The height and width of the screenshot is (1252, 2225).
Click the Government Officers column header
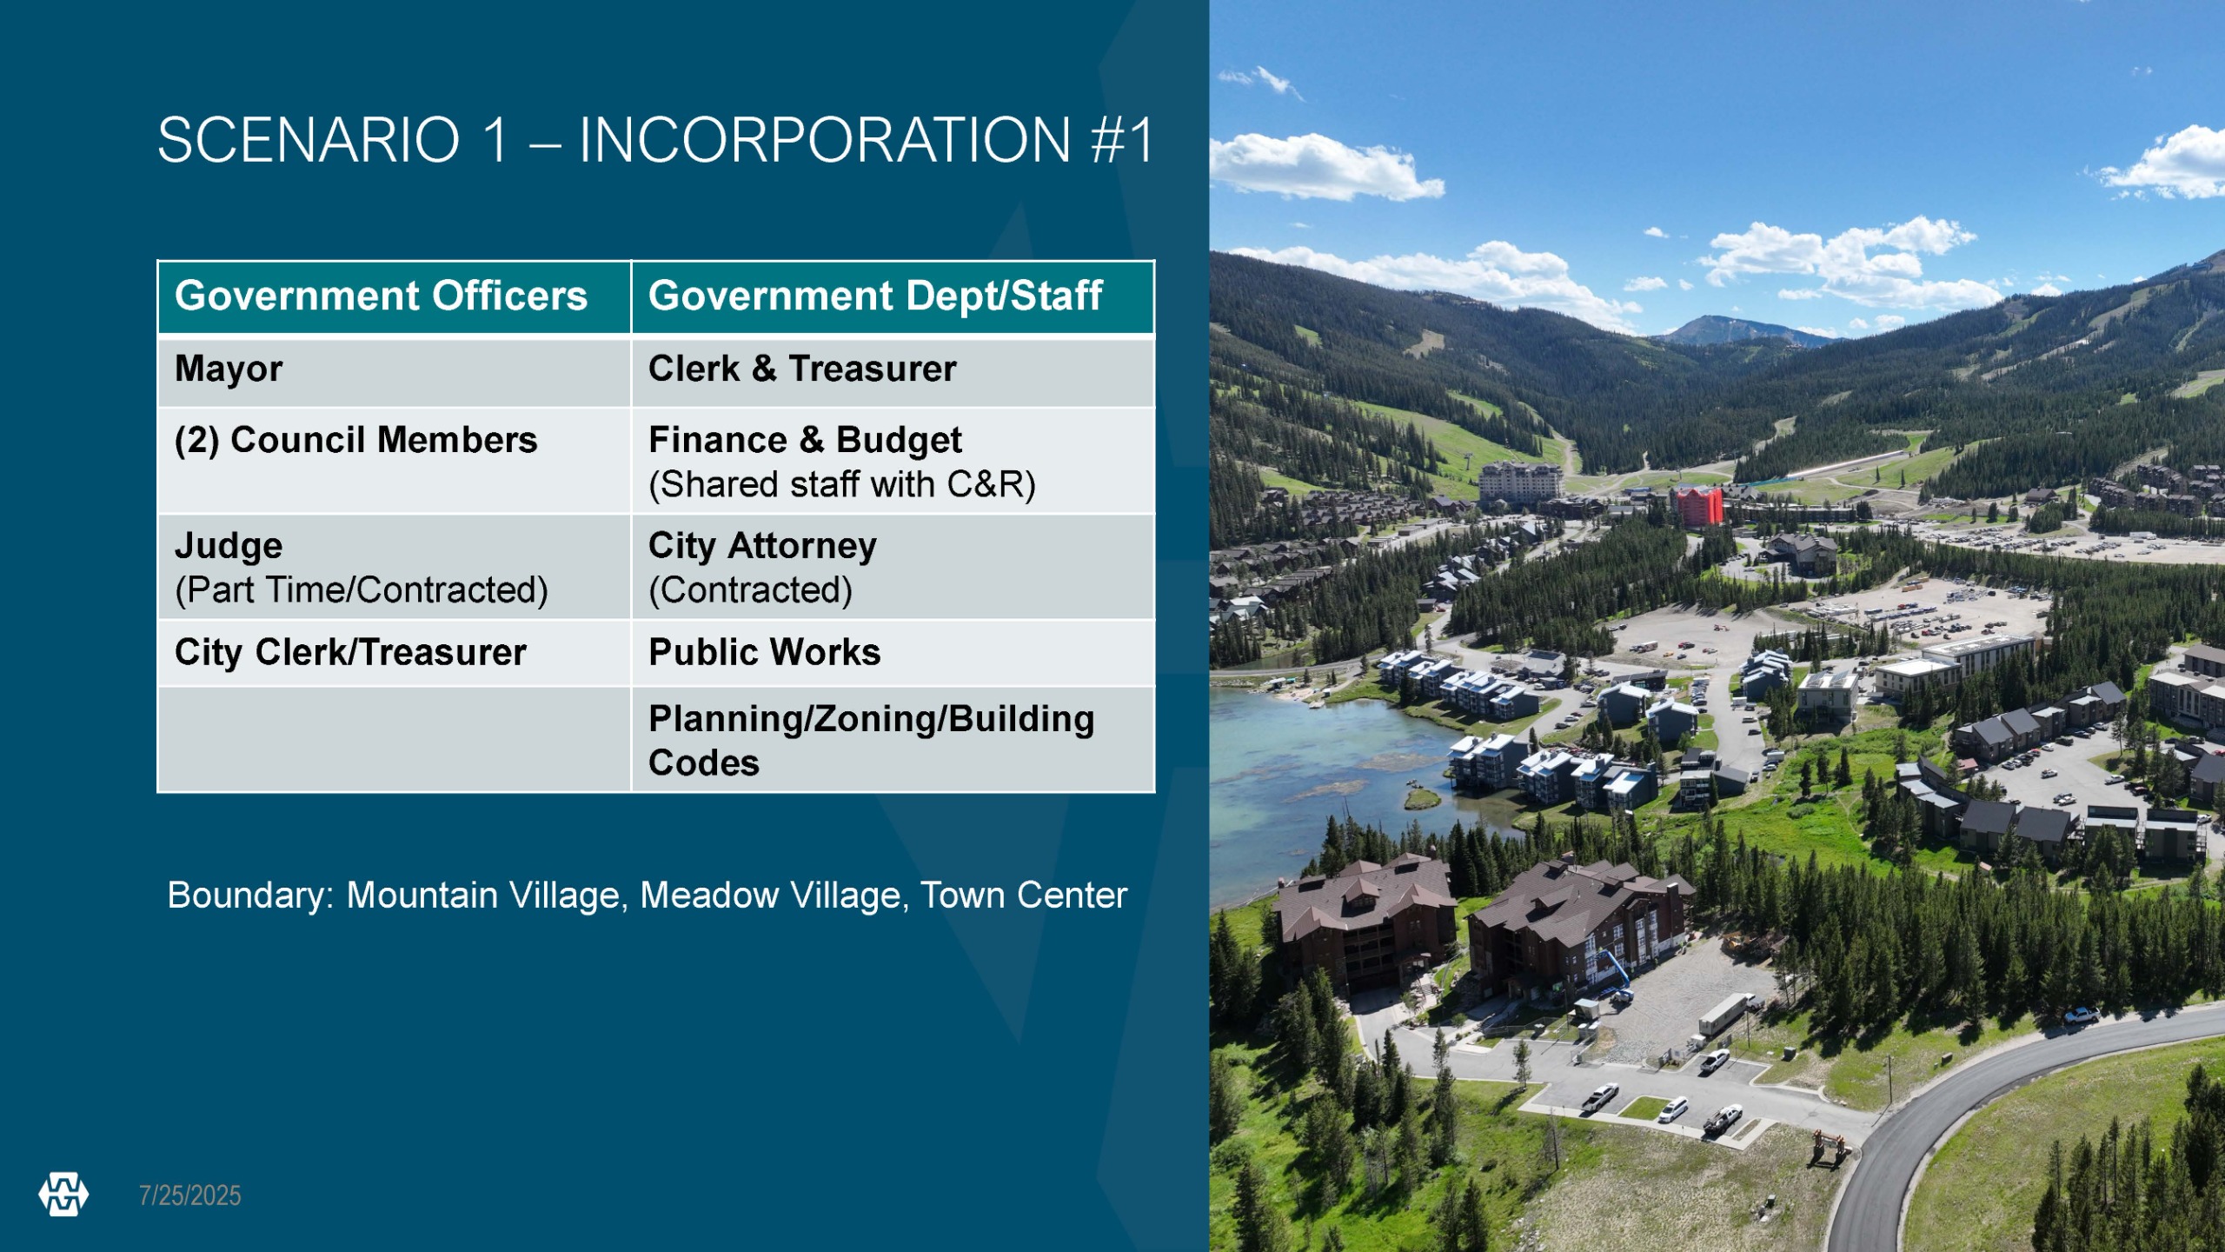pos(394,297)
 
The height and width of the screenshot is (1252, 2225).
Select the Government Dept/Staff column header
pos(893,297)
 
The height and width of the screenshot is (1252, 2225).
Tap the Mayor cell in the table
pos(394,371)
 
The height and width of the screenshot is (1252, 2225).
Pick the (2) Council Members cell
pos(394,461)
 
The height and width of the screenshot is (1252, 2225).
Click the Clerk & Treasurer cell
pos(893,371)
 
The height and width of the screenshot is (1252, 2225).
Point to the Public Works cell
pos(893,653)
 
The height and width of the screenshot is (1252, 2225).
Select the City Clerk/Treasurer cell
pos(394,653)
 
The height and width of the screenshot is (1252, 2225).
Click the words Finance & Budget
pos(805,441)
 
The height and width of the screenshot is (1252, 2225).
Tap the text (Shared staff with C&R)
pos(842,485)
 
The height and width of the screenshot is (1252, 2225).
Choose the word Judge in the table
pos(229,547)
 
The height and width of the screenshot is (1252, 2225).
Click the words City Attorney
pos(762,547)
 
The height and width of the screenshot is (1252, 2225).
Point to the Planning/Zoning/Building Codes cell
pos(893,740)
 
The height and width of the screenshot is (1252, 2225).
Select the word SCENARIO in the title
pos(309,140)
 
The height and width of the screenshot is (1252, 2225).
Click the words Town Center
pos(1023,896)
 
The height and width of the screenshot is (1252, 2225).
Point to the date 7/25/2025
pos(190,1195)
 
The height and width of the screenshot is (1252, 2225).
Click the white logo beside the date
pos(63,1195)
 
